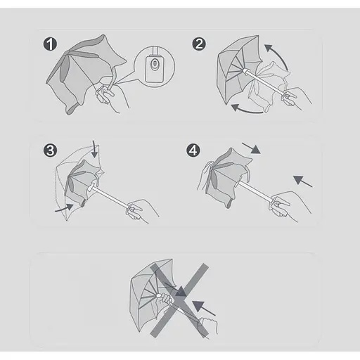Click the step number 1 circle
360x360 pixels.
click(x=50, y=44)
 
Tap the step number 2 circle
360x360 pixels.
click(x=199, y=44)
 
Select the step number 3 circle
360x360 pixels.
click(x=50, y=150)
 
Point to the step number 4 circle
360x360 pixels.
click(x=193, y=150)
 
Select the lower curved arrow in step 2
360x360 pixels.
click(x=246, y=110)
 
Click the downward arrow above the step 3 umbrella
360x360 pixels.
click(x=94, y=149)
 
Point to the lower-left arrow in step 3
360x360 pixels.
click(x=65, y=208)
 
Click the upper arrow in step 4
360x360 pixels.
click(x=251, y=148)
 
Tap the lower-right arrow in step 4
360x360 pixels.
click(x=302, y=181)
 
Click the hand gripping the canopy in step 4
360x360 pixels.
click(x=205, y=174)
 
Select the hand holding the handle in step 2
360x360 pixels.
click(x=297, y=97)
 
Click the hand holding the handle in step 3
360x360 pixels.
click(x=142, y=210)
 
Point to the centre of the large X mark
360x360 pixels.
click(x=179, y=300)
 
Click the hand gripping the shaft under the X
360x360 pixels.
click(x=165, y=300)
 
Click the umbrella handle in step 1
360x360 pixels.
click(x=104, y=95)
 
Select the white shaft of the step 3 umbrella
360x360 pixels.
click(x=110, y=196)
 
